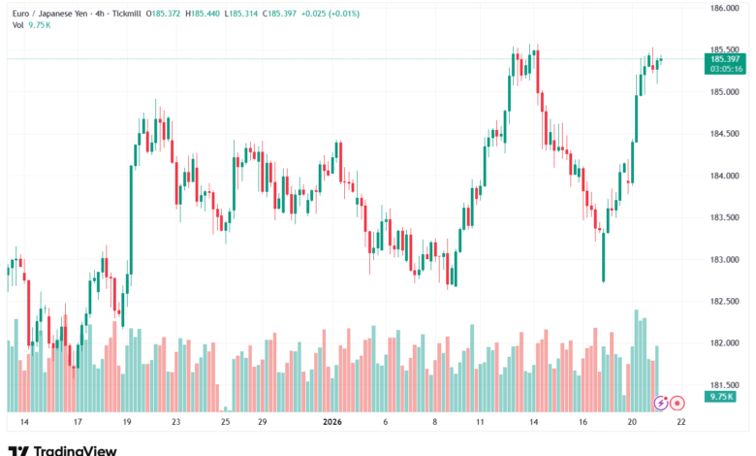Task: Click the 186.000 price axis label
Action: pos(725,9)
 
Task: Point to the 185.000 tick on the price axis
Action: pos(725,92)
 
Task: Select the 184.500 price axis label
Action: pos(725,134)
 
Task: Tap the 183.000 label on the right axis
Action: pos(725,259)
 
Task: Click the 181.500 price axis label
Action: pos(725,384)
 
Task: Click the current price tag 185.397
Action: pos(725,59)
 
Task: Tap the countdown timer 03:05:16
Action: pos(725,69)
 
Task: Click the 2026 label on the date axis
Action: pos(332,422)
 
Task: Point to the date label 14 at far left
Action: pos(24,422)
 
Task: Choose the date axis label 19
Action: pos(127,422)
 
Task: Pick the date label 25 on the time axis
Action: pos(225,422)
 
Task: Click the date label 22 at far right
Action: pos(681,422)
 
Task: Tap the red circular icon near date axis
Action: pos(677,402)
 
